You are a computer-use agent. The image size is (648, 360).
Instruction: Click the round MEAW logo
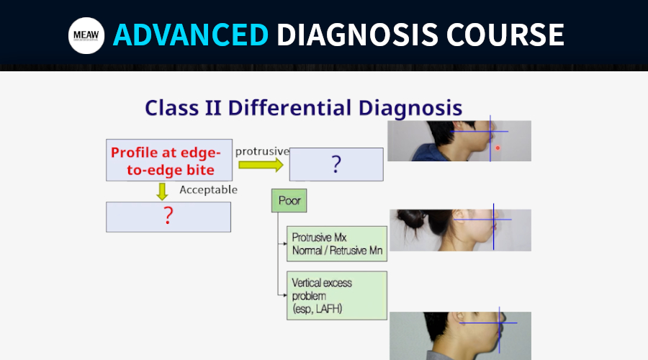pos(86,35)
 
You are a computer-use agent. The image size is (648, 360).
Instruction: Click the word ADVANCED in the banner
pos(191,35)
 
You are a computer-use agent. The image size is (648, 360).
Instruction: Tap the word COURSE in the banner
pos(505,35)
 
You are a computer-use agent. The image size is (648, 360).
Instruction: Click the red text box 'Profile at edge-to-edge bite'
pos(169,161)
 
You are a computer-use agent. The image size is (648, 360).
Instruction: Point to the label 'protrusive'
pos(262,152)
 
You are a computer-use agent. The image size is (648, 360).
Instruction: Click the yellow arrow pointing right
pos(261,165)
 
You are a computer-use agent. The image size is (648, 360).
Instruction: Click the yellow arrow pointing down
pos(162,192)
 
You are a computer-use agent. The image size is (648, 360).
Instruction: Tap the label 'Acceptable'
pos(208,189)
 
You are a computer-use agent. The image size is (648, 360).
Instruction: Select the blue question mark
pos(336,164)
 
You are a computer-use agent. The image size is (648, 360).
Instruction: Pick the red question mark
pos(168,215)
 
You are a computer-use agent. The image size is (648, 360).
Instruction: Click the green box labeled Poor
pos(289,201)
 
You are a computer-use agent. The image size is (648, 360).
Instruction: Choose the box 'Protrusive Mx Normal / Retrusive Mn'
pos(337,244)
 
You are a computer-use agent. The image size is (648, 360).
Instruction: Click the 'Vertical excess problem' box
pos(337,295)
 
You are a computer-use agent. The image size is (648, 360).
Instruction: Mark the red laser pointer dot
pos(498,148)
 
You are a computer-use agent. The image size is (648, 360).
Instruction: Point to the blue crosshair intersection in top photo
pos(490,132)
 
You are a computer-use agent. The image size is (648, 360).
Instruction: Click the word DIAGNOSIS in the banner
pos(357,35)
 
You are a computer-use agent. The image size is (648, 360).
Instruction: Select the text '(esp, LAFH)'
pos(317,309)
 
